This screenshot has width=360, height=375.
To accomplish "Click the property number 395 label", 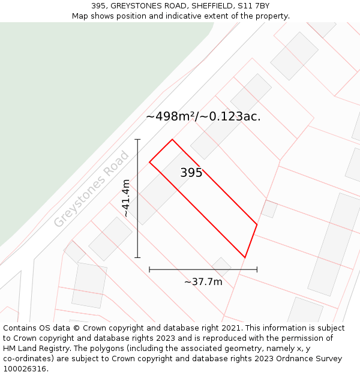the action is pos(191,173).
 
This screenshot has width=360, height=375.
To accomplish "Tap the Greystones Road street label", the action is pos(91,189).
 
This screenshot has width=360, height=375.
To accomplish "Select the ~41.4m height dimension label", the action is pos(125,198).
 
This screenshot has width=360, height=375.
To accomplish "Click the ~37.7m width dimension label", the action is pos(203,282).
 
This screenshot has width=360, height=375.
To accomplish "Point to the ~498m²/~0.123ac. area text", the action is pos(203,116).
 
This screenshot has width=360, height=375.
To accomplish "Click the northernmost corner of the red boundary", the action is pos(172,140).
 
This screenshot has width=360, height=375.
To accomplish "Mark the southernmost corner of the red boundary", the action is pos(245,257).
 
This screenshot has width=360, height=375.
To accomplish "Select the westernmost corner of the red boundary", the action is pos(149,162).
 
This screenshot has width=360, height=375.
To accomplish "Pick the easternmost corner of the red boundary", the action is pos(257,225).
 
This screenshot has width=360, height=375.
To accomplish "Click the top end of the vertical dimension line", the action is pos(137,140).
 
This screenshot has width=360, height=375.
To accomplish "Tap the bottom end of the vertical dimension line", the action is pos(137,257).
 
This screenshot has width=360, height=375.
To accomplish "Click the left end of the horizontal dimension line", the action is pos(149,269).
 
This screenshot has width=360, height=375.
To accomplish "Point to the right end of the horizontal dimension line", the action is pos(257,269).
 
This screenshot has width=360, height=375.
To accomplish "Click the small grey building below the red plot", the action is pos(221,266).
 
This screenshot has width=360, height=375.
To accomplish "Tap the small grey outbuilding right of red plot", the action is pos(269,209).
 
